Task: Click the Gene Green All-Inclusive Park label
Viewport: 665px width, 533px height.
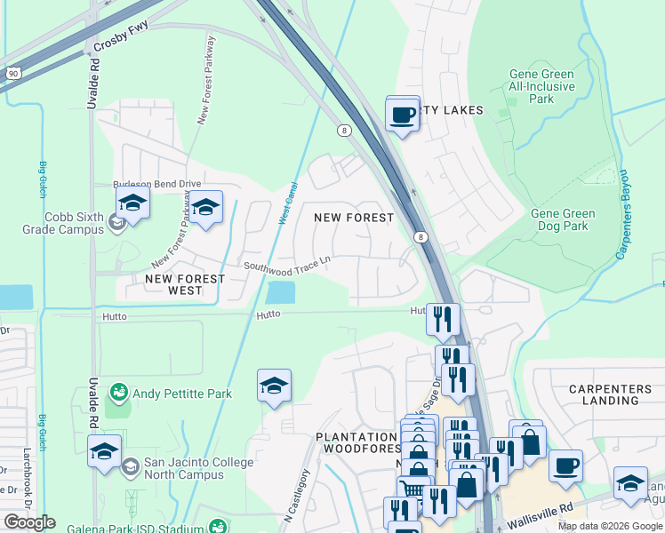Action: pyautogui.click(x=541, y=86)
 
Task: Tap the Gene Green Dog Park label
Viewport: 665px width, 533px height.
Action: pyautogui.click(x=563, y=219)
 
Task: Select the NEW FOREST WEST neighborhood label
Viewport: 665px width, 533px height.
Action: pyautogui.click(x=185, y=284)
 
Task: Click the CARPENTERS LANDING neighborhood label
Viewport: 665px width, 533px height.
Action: pyautogui.click(x=605, y=394)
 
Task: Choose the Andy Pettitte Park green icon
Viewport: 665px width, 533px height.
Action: pyautogui.click(x=117, y=392)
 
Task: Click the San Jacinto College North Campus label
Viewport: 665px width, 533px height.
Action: pyautogui.click(x=184, y=469)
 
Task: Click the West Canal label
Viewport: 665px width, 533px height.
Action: pyautogui.click(x=289, y=203)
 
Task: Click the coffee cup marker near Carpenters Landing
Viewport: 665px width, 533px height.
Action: pyautogui.click(x=565, y=466)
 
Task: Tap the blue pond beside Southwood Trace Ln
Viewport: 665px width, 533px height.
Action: pyautogui.click(x=281, y=291)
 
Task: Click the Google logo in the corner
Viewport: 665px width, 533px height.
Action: pyautogui.click(x=29, y=522)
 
